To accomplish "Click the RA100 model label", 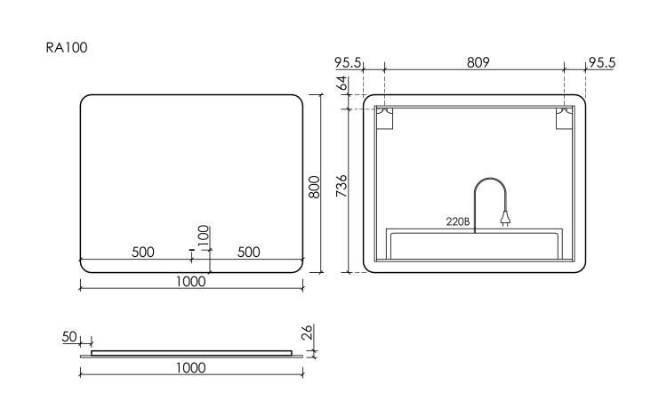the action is (x=67, y=47).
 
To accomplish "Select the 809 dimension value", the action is (x=478, y=62).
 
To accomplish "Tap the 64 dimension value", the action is (x=342, y=84).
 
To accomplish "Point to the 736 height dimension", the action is (x=342, y=186).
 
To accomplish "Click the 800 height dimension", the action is (x=314, y=187).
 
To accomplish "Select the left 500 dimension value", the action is (x=143, y=253).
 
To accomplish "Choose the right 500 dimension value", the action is (x=248, y=253).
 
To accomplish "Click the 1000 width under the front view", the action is (x=191, y=281).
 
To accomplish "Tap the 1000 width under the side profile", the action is (x=191, y=368).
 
